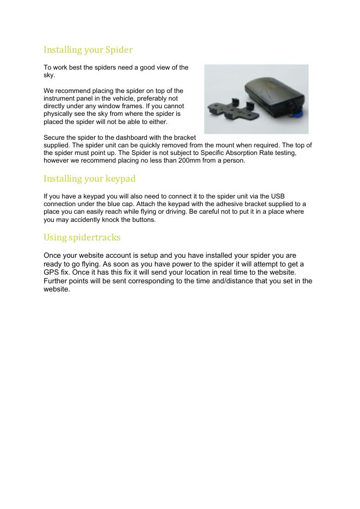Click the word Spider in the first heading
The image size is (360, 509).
click(x=119, y=50)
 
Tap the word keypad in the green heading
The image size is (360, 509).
click(x=117, y=178)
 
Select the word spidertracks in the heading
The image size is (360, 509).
click(x=95, y=238)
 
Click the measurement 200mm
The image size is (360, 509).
click(x=184, y=160)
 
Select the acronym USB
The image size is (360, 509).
click(x=277, y=196)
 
